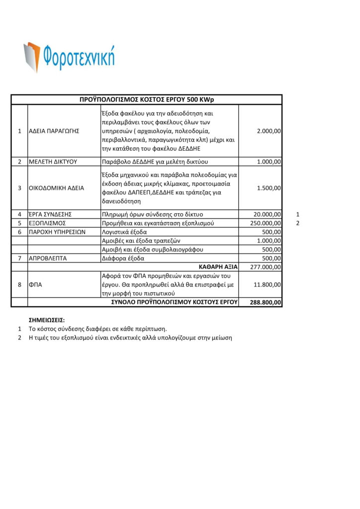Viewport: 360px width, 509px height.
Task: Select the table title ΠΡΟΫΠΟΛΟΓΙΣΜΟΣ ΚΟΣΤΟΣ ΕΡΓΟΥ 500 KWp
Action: (146, 99)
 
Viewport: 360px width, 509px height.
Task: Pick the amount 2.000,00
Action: (269, 131)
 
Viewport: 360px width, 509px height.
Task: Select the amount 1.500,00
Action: (269, 188)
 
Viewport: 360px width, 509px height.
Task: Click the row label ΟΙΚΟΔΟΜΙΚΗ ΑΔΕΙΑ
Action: (56, 188)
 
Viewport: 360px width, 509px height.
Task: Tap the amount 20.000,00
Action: (267, 214)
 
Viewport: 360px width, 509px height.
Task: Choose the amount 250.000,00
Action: (266, 223)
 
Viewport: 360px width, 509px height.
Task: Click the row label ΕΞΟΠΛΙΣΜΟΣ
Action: (48, 223)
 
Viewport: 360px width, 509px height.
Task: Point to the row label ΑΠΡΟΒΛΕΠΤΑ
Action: (48, 258)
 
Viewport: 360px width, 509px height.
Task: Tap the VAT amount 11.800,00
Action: (267, 285)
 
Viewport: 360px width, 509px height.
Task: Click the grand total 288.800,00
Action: (266, 302)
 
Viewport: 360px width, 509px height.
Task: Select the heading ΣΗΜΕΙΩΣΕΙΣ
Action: (47, 320)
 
